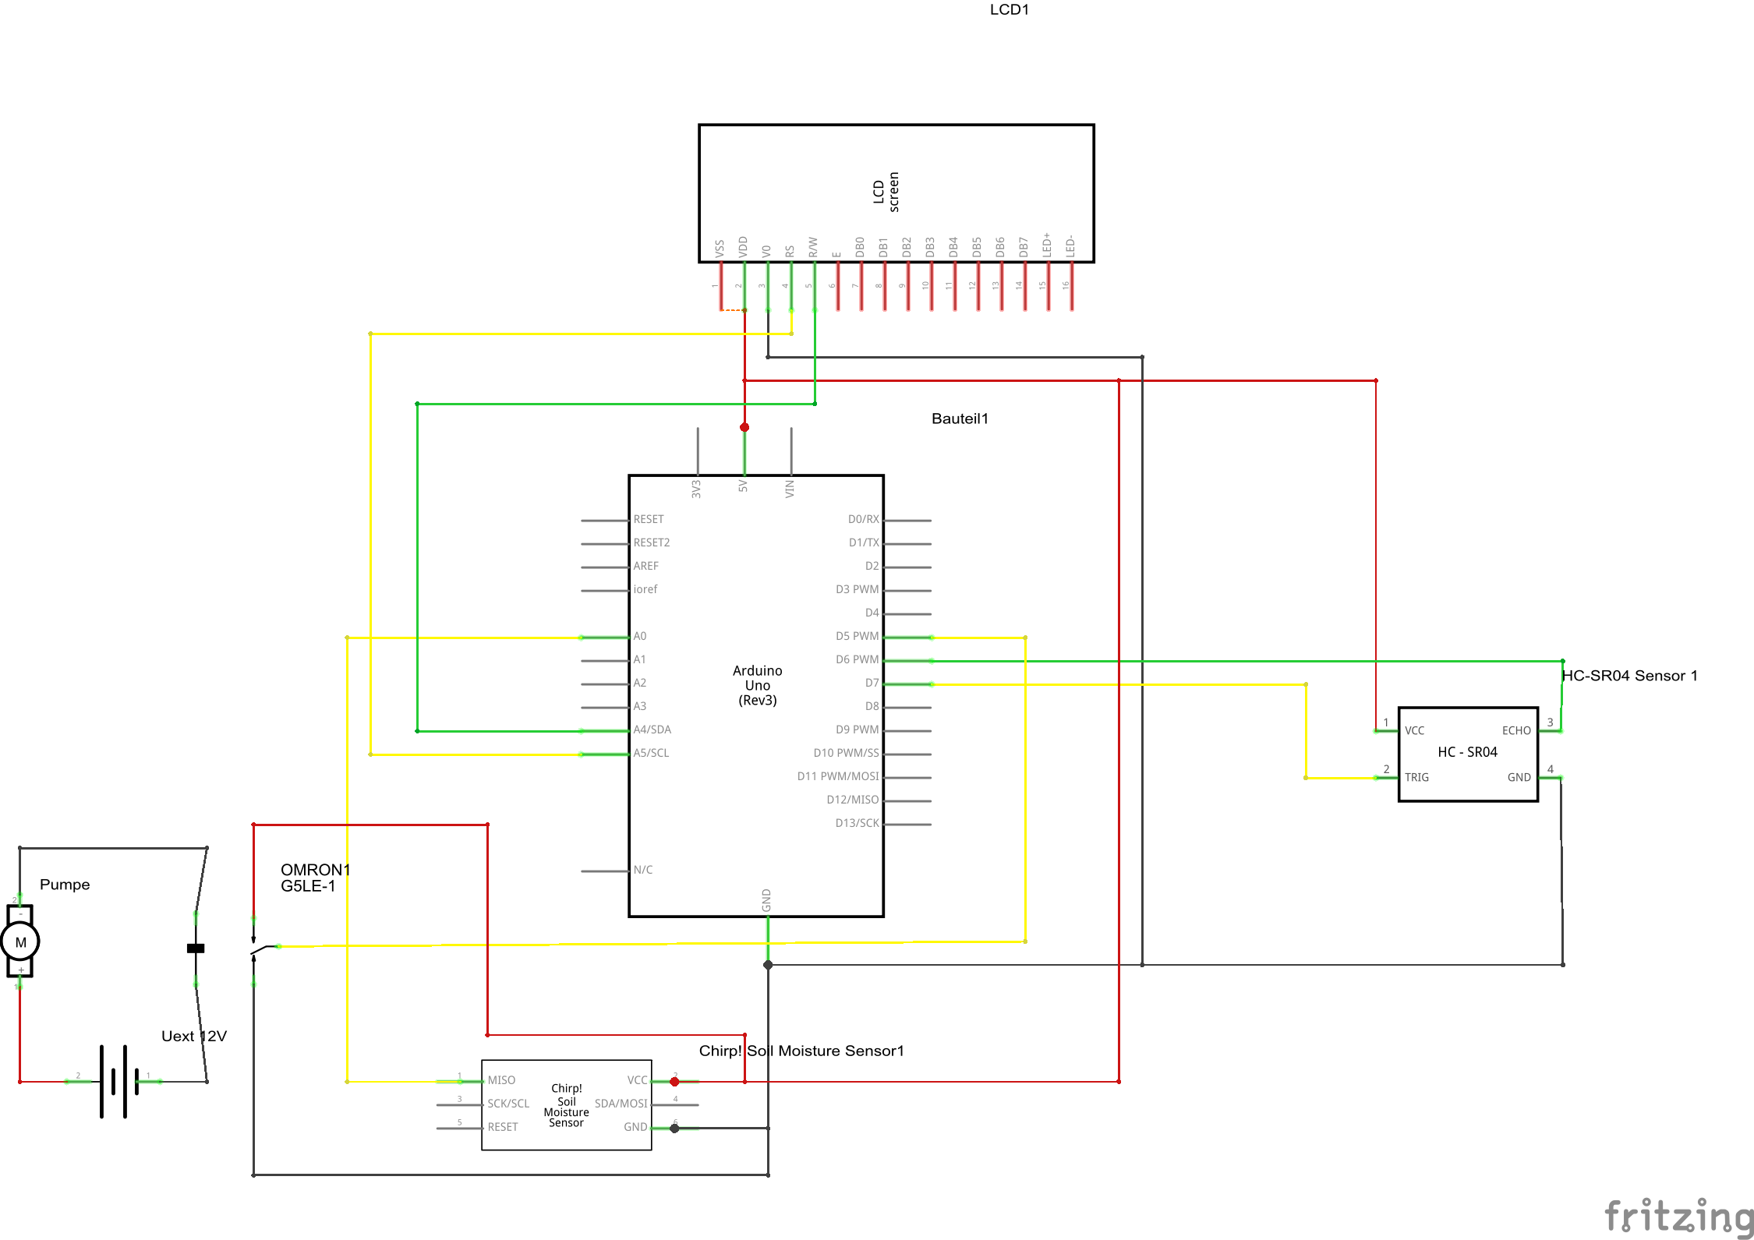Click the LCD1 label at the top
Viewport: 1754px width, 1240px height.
pyautogui.click(x=1009, y=10)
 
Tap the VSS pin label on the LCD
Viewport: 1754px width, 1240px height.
pyautogui.click(x=720, y=249)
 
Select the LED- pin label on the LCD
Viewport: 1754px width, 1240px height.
pyautogui.click(x=1070, y=246)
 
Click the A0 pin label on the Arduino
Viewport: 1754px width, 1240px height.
pyautogui.click(x=640, y=637)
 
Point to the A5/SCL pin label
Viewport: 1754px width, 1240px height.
pyautogui.click(x=651, y=754)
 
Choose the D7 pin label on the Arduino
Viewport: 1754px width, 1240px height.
pyautogui.click(x=872, y=684)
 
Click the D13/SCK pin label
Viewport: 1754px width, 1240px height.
pyautogui.click(x=857, y=824)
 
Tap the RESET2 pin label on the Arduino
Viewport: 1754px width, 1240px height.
pyautogui.click(x=652, y=543)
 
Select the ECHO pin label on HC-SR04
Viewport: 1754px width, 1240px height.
pyautogui.click(x=1516, y=731)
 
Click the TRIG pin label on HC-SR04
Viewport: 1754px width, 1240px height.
pyautogui.click(x=1416, y=778)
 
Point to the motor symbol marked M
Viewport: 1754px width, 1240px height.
pyautogui.click(x=20, y=942)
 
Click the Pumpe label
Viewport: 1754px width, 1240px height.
pyautogui.click(x=65, y=885)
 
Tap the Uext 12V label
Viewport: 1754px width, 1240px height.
pyautogui.click(x=193, y=1037)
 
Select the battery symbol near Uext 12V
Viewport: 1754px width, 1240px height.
pyautogui.click(x=118, y=1082)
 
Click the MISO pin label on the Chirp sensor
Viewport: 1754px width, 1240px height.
pyautogui.click(x=501, y=1081)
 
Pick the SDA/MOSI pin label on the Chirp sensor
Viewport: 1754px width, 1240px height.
pyautogui.click(x=621, y=1104)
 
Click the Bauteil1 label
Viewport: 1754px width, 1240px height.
pyautogui.click(x=960, y=419)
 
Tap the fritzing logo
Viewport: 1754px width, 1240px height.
pyautogui.click(x=1678, y=1217)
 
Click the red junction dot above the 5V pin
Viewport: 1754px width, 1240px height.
pyautogui.click(x=744, y=427)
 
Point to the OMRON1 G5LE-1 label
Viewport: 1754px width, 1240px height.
pyautogui.click(x=315, y=878)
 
